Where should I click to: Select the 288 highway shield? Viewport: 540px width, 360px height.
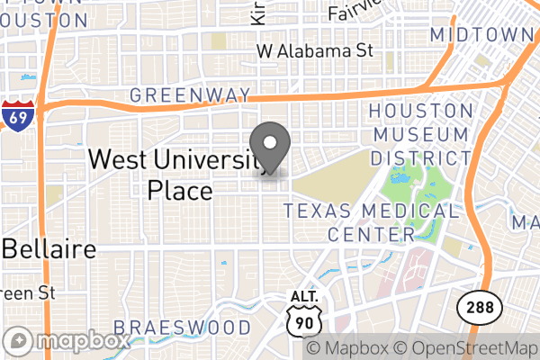pos(474,306)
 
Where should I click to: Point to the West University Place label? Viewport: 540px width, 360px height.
pos(177,175)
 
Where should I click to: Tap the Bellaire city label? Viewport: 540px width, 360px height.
pos(49,249)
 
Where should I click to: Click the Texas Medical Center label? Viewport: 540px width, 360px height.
pos(371,222)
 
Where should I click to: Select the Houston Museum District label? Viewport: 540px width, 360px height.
pos(420,134)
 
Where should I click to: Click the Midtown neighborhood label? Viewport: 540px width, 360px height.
pos(482,34)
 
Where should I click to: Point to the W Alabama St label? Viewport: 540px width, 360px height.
pos(314,51)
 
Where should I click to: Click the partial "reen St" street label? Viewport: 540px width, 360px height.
pos(29,292)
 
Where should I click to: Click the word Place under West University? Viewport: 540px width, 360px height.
pos(179,191)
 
